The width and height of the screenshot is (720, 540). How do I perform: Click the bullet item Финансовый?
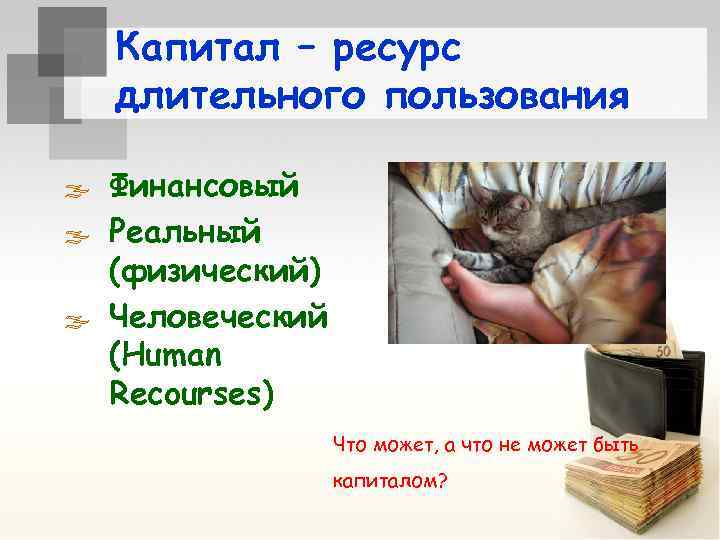tap(204, 186)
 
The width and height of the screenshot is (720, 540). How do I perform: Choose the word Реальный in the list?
tap(185, 232)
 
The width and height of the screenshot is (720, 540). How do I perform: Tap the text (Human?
tap(166, 355)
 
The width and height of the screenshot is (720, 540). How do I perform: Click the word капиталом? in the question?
tap(389, 481)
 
